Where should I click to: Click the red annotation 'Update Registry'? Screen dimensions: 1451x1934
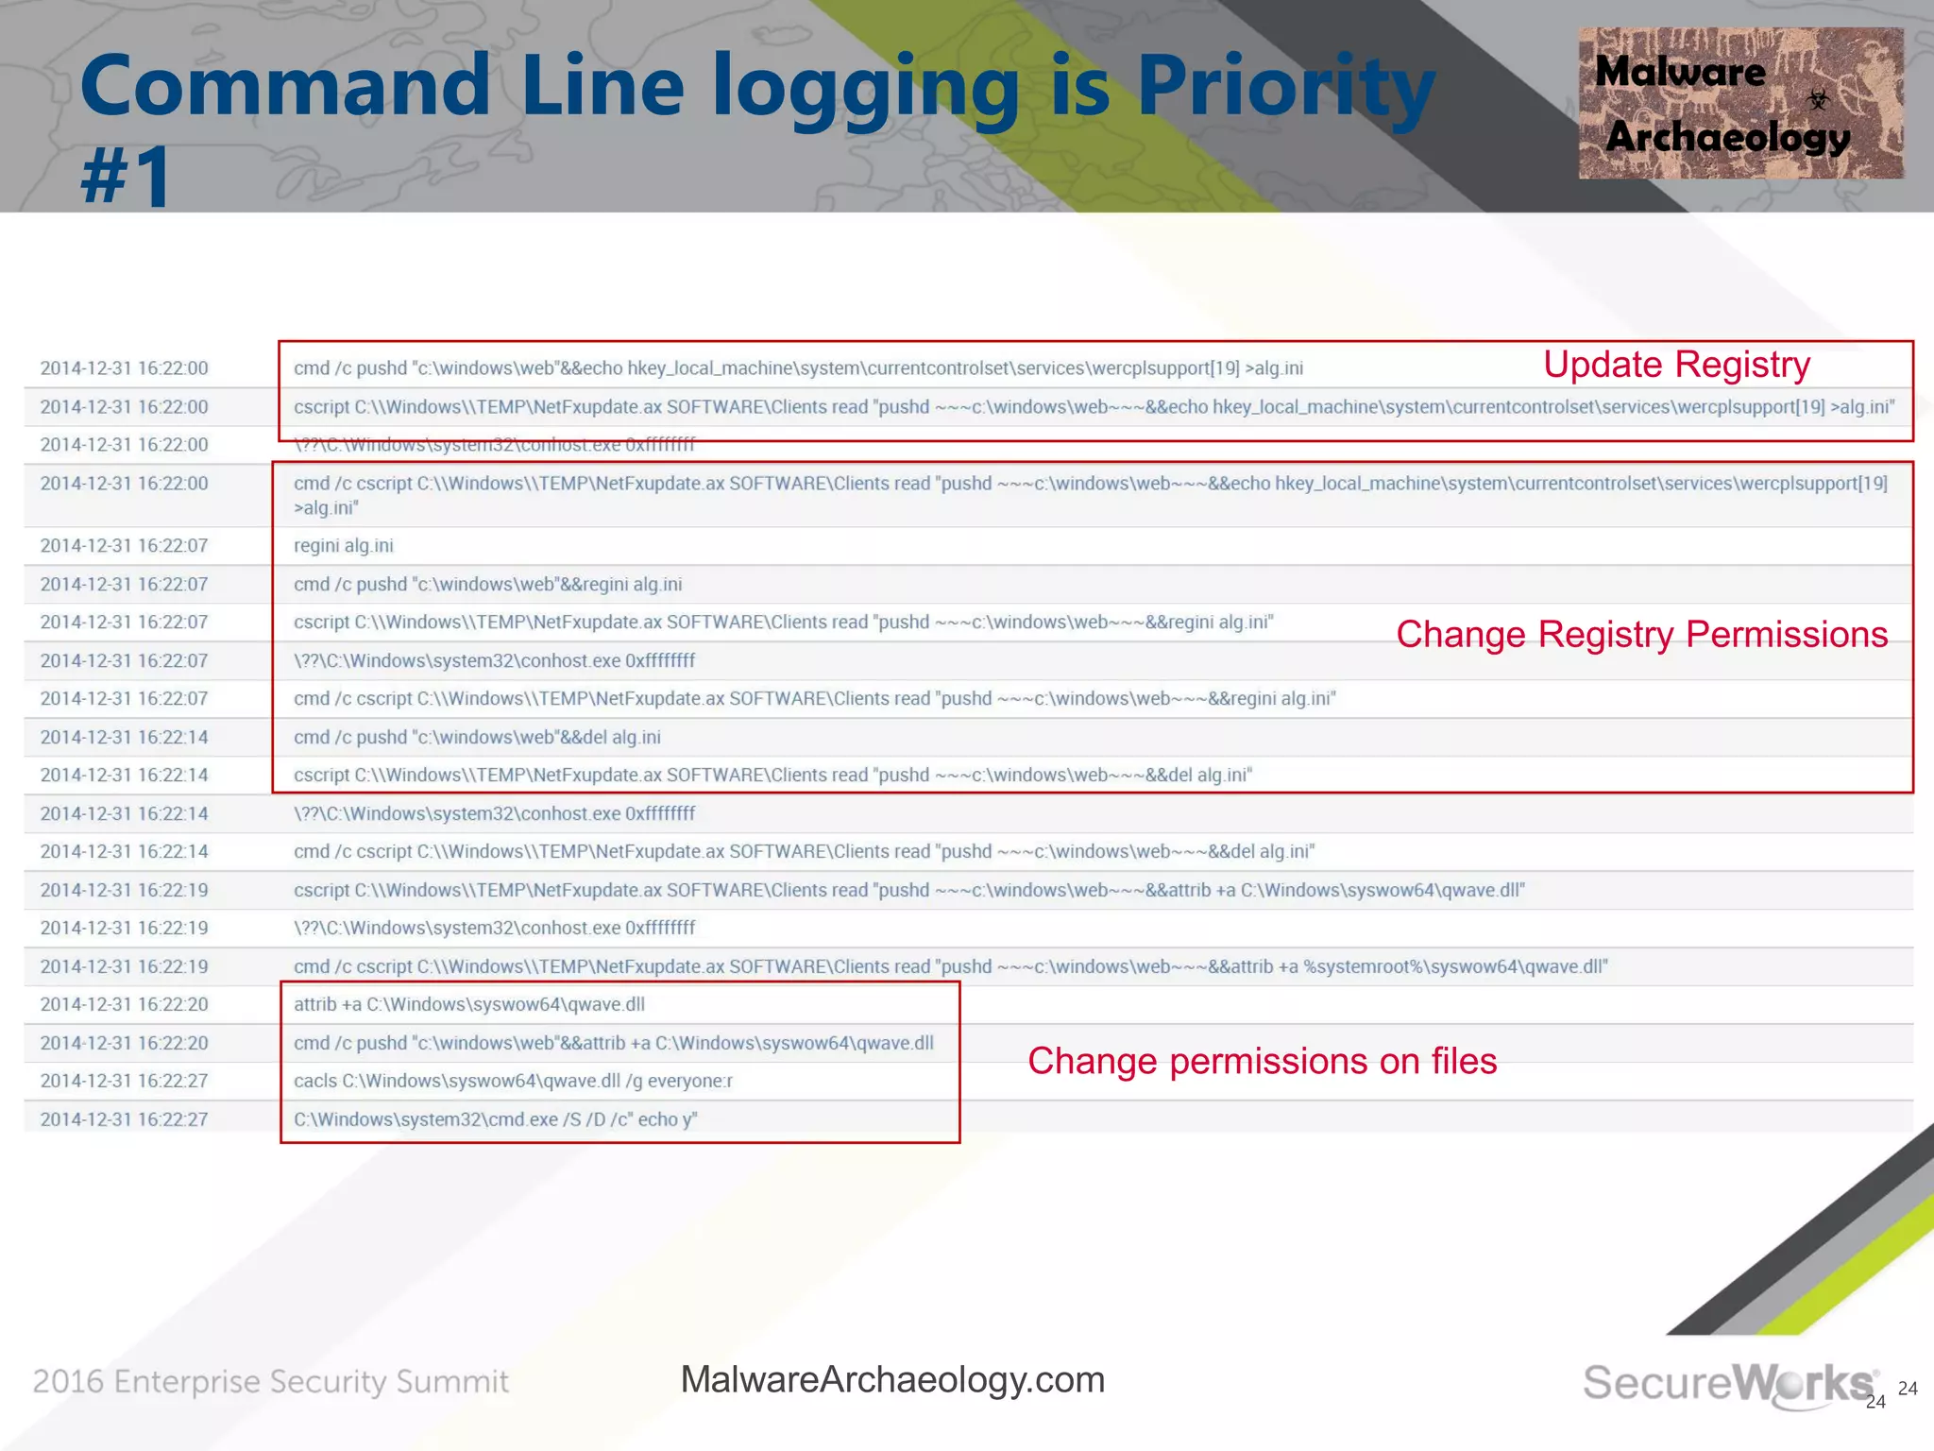tap(1676, 365)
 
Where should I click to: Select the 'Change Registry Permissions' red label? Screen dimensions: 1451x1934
tap(1641, 635)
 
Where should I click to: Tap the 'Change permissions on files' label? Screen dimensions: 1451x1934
tap(1262, 1061)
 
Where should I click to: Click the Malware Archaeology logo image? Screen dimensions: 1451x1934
tap(1739, 103)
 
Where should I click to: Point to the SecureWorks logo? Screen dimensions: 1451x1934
tap(1728, 1383)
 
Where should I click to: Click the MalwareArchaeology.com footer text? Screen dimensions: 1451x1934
tap(892, 1379)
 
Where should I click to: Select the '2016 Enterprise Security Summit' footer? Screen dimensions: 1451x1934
tap(271, 1382)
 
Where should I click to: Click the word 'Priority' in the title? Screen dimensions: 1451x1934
tap(1285, 87)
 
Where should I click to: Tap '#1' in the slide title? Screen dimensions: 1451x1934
tap(126, 176)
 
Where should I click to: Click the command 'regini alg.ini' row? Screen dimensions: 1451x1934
tap(344, 546)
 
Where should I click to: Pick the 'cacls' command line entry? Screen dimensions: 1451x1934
tap(513, 1081)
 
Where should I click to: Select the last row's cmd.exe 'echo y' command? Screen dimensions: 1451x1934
tap(495, 1119)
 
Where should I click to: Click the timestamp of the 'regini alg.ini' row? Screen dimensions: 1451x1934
tap(124, 546)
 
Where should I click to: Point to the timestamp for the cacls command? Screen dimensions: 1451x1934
tap(124, 1081)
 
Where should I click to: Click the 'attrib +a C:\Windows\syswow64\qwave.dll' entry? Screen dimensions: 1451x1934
tap(469, 1004)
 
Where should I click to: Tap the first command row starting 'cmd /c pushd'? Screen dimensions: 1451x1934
tap(798, 368)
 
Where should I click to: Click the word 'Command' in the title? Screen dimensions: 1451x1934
tap(284, 87)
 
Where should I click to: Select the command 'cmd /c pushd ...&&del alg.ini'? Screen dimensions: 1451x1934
tap(477, 737)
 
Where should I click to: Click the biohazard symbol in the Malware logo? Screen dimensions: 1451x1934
tap(1818, 99)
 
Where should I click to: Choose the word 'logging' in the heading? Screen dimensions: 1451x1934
tap(865, 87)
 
